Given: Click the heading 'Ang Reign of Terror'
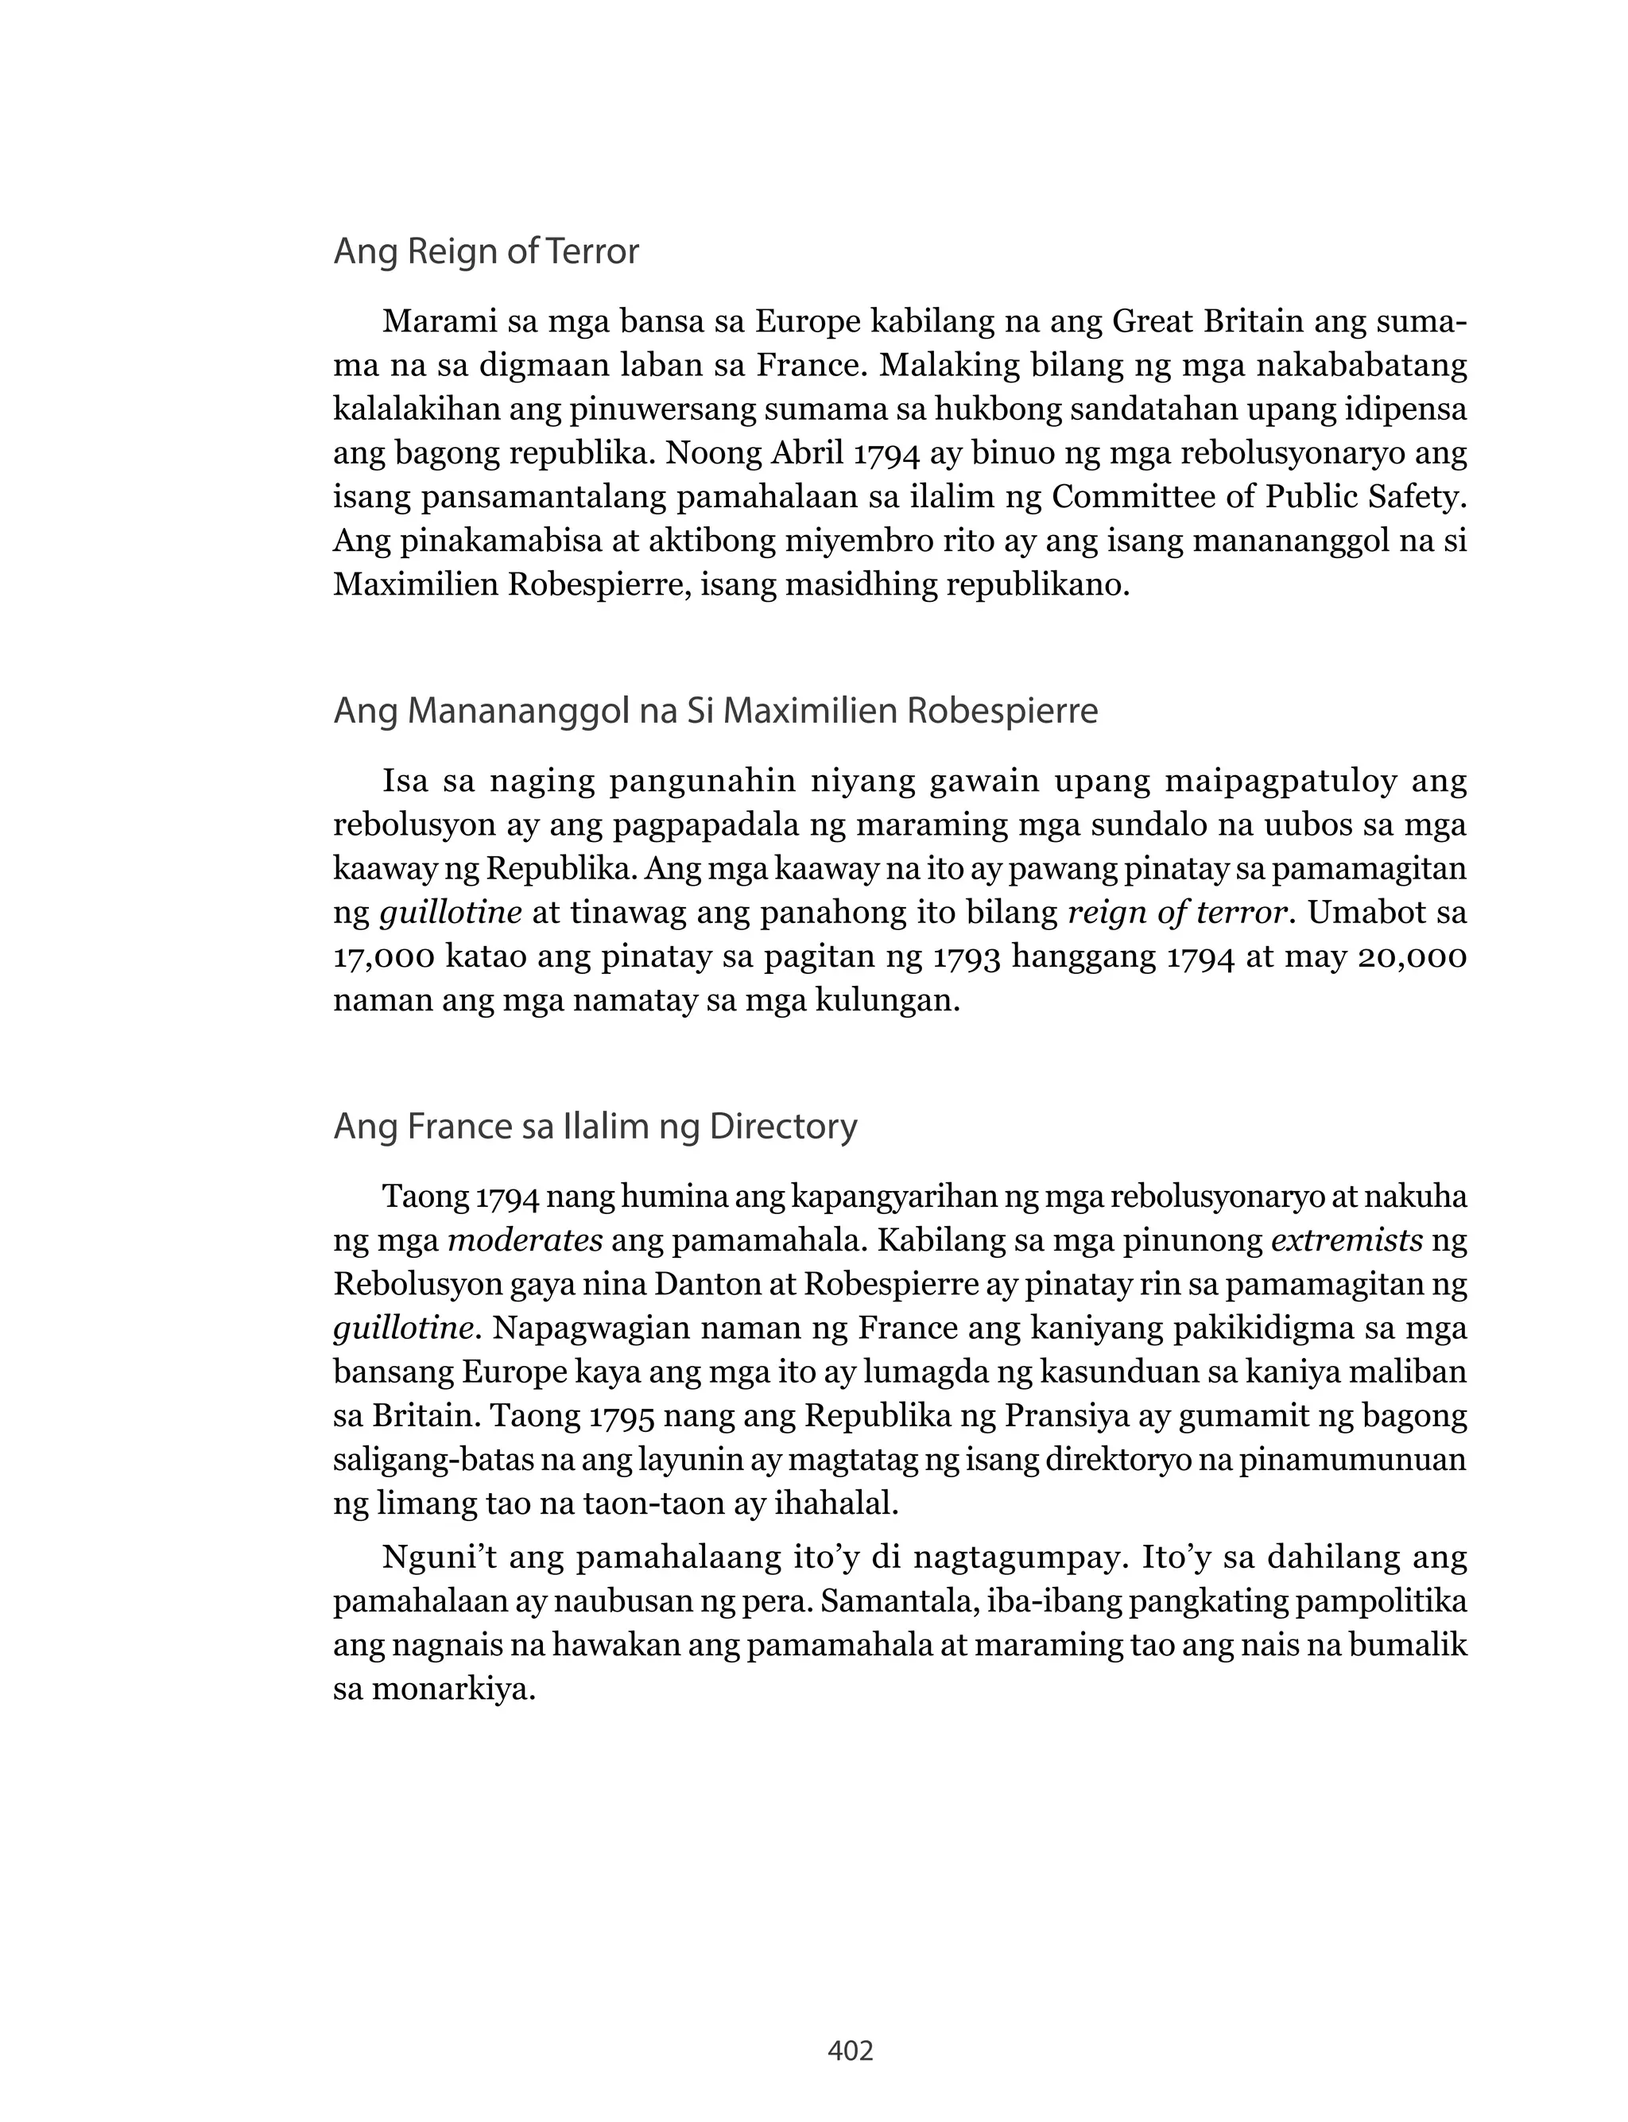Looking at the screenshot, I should pyautogui.click(x=486, y=252).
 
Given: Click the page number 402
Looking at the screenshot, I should pyautogui.click(x=850, y=2050).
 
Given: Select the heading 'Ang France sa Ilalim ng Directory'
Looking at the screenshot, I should pyautogui.click(x=595, y=1127).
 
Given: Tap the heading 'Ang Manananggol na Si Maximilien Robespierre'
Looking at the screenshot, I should pyautogui.click(x=715, y=712).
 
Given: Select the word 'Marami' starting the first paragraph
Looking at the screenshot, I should pyautogui.click(x=436, y=322).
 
